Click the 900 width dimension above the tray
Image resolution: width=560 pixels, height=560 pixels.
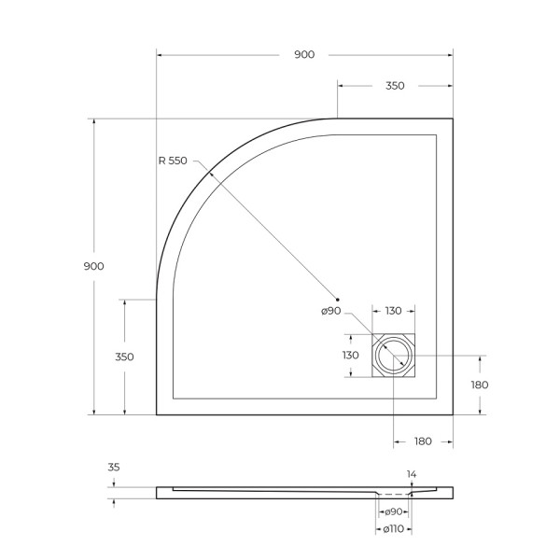tap(304, 55)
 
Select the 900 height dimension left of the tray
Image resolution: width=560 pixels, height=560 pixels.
tap(93, 266)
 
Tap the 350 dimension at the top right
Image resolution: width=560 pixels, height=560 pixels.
tap(394, 86)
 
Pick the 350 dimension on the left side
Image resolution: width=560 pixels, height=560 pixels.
tap(124, 357)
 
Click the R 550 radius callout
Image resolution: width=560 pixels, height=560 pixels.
tap(173, 161)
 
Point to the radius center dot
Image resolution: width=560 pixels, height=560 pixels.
tap(338, 299)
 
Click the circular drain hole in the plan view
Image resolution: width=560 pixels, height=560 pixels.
tap(392, 356)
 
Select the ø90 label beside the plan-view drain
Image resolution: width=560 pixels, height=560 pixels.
tap(332, 312)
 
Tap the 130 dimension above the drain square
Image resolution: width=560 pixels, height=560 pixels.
tap(392, 312)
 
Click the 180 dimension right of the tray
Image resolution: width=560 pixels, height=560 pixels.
tap(480, 385)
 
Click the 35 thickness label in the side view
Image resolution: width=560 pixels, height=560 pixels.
tap(114, 468)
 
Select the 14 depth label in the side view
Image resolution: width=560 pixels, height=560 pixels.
tap(411, 474)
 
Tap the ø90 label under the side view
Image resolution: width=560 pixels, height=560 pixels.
tap(392, 511)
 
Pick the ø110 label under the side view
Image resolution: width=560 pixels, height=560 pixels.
tap(392, 529)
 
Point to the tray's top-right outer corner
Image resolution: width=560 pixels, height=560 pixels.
tap(453, 119)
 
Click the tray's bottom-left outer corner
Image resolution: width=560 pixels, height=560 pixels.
tap(156, 413)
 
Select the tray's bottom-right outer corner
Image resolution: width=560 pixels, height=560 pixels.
tap(453, 413)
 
